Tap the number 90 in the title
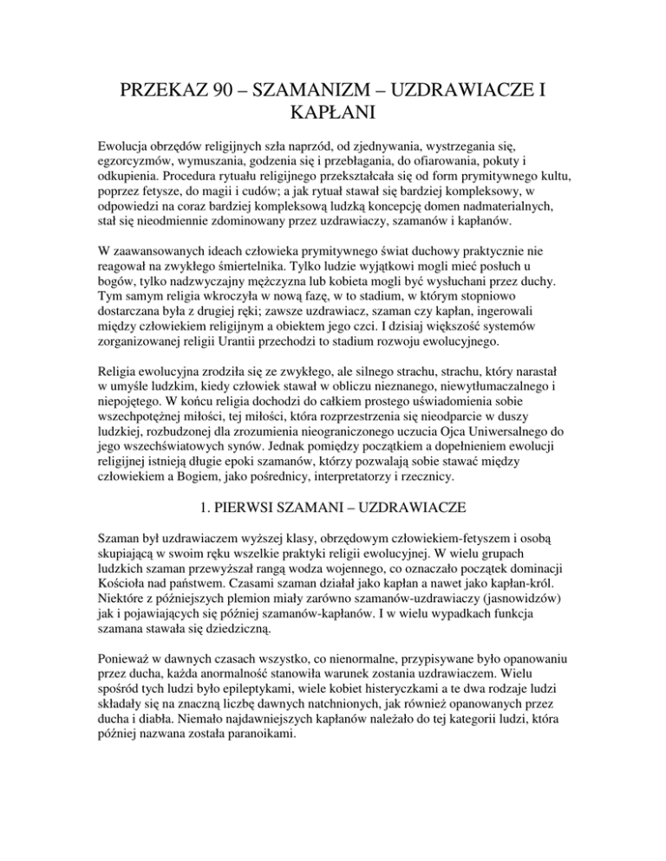pyautogui.click(x=234, y=66)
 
